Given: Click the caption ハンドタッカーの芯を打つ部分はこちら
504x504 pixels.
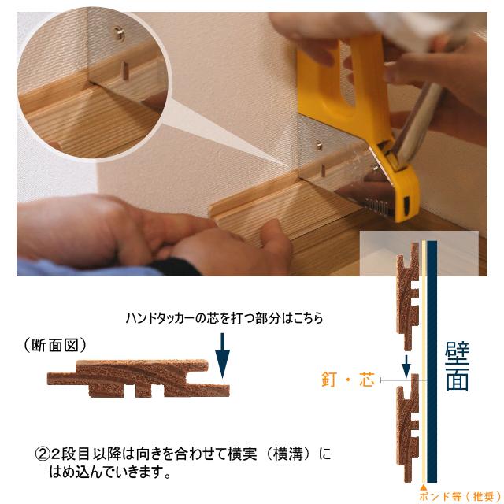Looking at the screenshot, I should (x=224, y=319).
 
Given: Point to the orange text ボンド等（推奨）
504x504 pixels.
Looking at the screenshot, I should (x=458, y=496).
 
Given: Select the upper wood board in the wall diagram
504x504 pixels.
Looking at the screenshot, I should (x=406, y=303).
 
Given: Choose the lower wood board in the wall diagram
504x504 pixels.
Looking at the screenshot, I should (x=406, y=429).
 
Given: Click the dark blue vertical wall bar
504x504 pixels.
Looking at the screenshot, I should (x=432, y=362).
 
